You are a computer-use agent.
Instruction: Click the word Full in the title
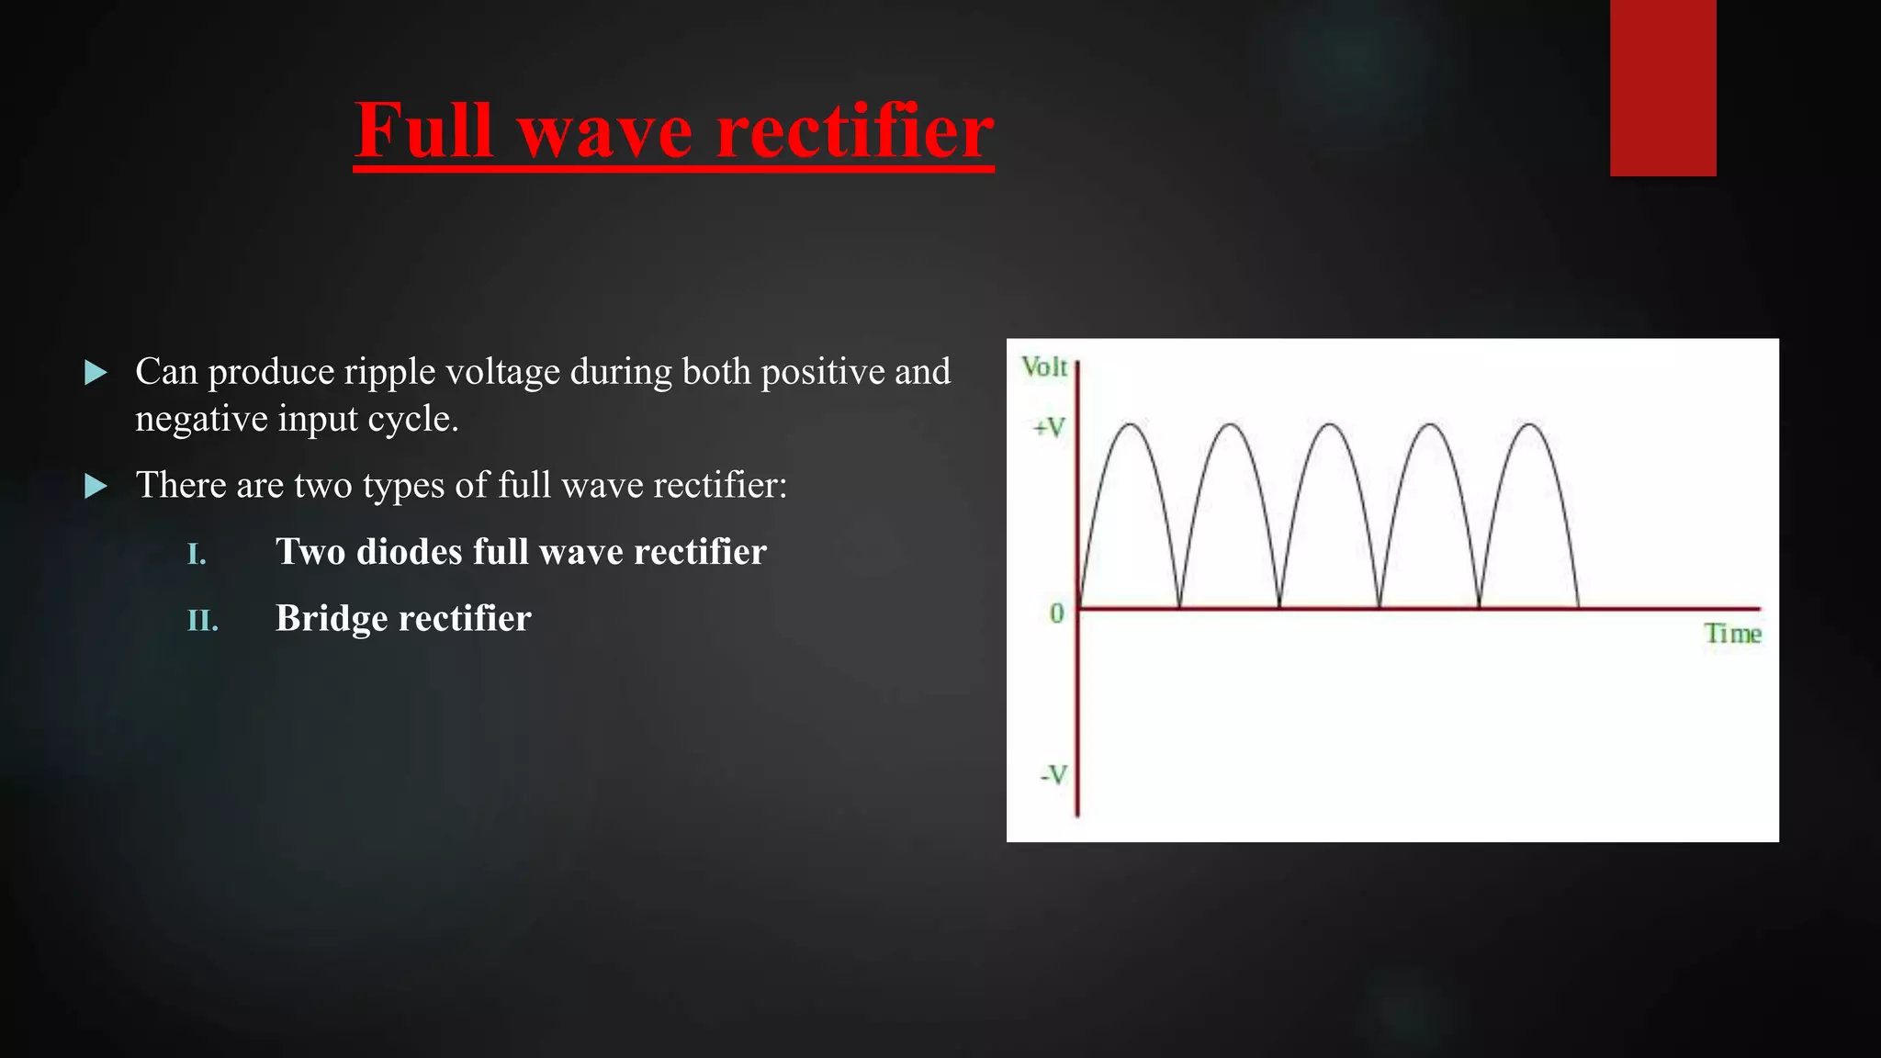(423, 130)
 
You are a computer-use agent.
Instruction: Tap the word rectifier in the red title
(854, 130)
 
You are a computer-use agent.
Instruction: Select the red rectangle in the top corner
(1662, 87)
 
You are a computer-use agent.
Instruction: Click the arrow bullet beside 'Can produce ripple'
(96, 372)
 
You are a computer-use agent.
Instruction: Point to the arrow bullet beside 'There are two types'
(96, 486)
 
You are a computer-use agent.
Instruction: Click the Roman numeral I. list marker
(197, 554)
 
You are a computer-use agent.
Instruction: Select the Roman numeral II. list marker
(202, 621)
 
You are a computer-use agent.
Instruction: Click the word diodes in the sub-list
(409, 552)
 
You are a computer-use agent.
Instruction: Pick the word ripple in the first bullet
(389, 372)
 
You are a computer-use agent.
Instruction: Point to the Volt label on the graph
(1044, 367)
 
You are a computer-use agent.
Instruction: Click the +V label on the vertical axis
(1049, 428)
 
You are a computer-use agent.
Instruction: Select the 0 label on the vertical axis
(1057, 613)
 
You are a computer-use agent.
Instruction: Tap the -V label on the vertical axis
(1053, 775)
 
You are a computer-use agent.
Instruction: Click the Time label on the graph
(1732, 634)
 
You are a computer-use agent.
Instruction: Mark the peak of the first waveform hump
(1130, 424)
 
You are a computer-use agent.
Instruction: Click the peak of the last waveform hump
(1529, 424)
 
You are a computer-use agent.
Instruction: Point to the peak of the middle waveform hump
(1330, 424)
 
